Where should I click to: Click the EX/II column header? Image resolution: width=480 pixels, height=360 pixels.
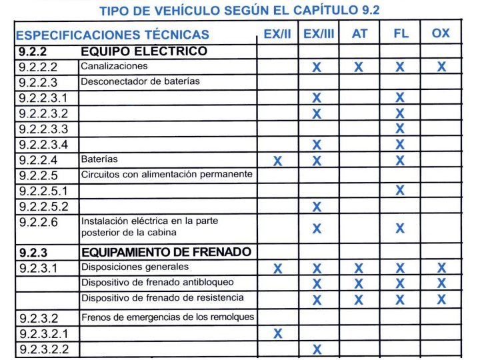(x=277, y=33)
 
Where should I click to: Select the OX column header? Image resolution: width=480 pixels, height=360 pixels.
(x=441, y=33)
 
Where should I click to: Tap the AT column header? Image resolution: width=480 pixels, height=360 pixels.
(x=359, y=33)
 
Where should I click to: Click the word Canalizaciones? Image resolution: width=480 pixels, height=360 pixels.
(x=114, y=66)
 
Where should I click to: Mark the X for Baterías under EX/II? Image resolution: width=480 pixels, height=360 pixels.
(x=277, y=161)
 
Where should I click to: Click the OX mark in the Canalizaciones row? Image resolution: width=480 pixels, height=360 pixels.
(x=441, y=67)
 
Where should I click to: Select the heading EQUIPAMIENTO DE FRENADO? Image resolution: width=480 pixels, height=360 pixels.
(x=166, y=251)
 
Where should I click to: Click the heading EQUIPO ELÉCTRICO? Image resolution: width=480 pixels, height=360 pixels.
(x=144, y=51)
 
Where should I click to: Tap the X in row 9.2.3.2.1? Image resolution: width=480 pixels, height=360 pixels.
(x=277, y=333)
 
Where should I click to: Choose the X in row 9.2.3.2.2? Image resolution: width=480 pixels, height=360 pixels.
(x=317, y=349)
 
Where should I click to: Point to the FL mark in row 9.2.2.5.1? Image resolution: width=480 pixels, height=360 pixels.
(x=400, y=191)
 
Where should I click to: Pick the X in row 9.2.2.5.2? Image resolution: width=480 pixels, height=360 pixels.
(x=317, y=207)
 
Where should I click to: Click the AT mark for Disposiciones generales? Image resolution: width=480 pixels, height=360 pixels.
(x=359, y=269)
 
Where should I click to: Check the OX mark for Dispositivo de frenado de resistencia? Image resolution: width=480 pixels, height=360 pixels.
(x=441, y=299)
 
